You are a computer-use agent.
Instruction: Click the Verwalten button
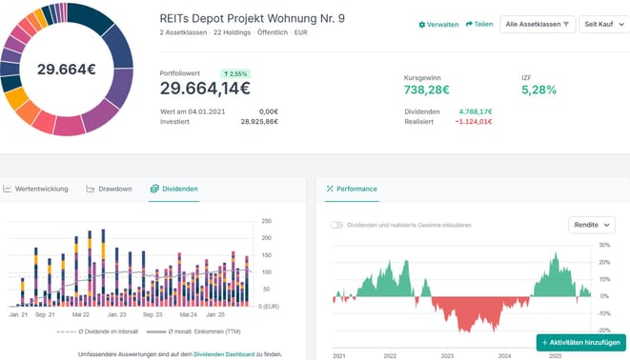439,24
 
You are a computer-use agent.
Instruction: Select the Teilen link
479,24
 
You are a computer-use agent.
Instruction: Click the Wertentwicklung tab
36,189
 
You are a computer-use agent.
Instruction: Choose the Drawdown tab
110,189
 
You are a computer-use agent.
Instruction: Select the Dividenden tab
173,189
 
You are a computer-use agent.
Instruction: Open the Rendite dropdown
592,225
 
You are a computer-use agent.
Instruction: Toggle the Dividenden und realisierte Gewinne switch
337,225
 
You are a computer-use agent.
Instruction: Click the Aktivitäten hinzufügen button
580,342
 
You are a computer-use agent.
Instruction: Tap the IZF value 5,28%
539,90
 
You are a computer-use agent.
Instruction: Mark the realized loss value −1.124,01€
473,121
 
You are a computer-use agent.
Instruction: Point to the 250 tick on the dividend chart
265,221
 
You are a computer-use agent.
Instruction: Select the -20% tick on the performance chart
604,329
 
